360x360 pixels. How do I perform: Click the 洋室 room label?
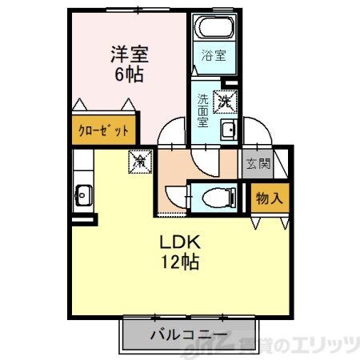[x=129, y=56]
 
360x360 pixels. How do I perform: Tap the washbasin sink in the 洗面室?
[x=227, y=131]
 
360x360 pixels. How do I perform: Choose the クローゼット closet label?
[x=102, y=130]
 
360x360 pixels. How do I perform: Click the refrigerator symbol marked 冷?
[x=139, y=161]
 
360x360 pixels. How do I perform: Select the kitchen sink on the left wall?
[x=82, y=194]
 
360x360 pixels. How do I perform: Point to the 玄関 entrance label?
[x=258, y=165]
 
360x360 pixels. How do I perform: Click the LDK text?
[x=182, y=242]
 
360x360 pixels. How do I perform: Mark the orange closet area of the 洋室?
[x=104, y=130]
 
